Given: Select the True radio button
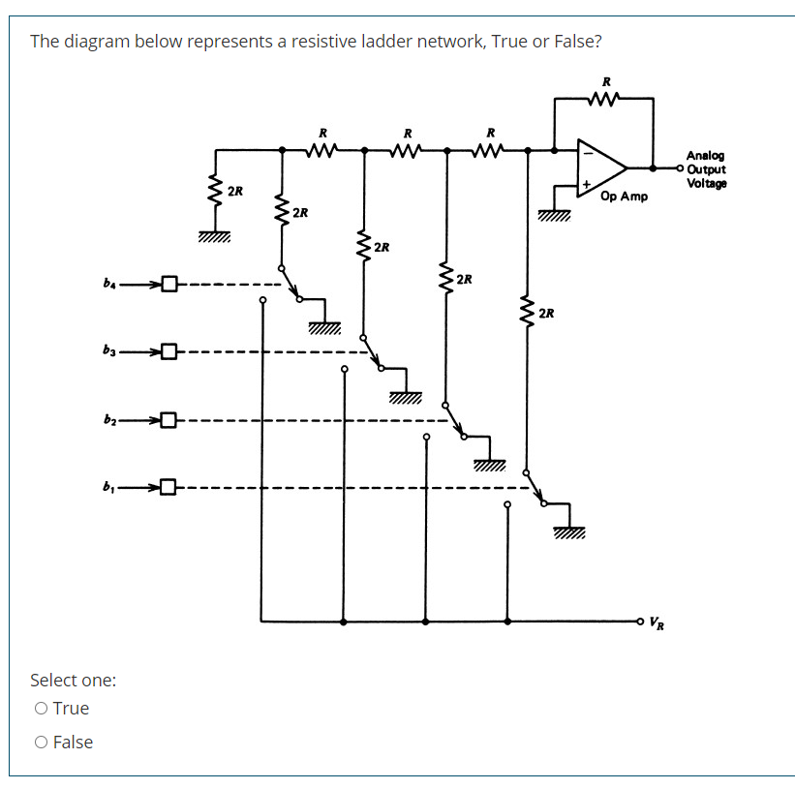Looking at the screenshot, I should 41,709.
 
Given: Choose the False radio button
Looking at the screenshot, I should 41,743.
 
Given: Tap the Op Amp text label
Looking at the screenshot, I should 624,197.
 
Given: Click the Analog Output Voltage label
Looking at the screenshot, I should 706,169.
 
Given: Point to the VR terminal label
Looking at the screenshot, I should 657,622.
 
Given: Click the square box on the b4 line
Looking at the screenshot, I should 169,285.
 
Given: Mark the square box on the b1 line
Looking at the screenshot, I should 169,486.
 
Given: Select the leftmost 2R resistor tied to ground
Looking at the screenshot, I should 216,191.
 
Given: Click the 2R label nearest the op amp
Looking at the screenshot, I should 547,313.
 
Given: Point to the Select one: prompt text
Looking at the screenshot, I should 74,680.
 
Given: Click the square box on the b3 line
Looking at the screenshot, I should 169,351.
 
